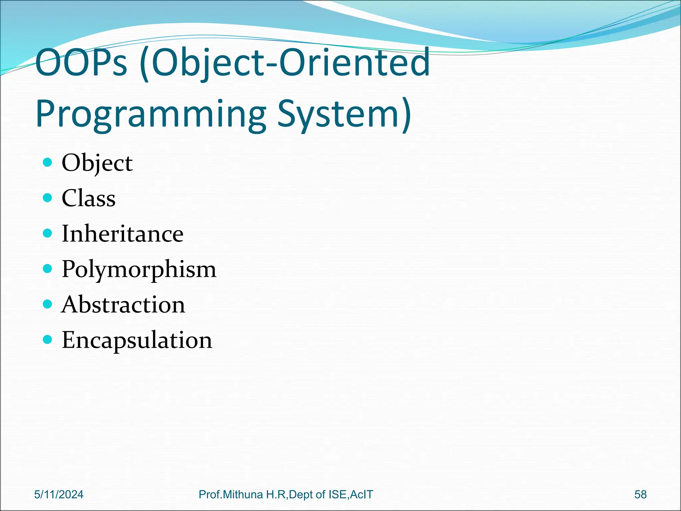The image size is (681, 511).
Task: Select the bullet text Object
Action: coord(97,163)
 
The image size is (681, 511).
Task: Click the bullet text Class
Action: coord(88,198)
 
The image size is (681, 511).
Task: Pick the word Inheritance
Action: coord(122,234)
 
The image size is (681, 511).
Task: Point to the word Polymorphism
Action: coord(139,269)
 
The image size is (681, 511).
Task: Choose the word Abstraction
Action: coord(123,304)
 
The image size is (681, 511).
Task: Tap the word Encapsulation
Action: coord(137,340)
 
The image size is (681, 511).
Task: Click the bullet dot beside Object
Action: coord(48,162)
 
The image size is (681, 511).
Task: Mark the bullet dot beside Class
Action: coord(48,198)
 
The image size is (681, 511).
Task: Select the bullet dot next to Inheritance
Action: coord(48,233)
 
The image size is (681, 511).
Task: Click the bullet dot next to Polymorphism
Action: coord(48,268)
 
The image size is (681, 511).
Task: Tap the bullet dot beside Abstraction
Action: coord(48,304)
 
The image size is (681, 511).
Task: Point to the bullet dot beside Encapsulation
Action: coord(48,339)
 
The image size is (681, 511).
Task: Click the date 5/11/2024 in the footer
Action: coord(59,494)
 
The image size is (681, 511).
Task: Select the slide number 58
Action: coord(640,494)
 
